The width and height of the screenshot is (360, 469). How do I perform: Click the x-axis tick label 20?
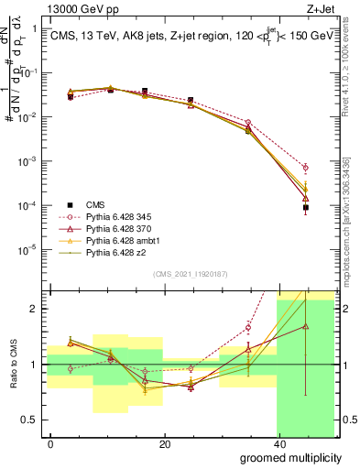coord(164,445)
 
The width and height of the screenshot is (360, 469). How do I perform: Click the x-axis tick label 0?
coord(51,445)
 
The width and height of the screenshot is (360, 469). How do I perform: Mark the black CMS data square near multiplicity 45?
coord(306,208)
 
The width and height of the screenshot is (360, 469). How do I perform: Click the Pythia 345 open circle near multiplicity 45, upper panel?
coord(306,168)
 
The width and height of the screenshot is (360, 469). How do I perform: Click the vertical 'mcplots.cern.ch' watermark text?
coord(352,234)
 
